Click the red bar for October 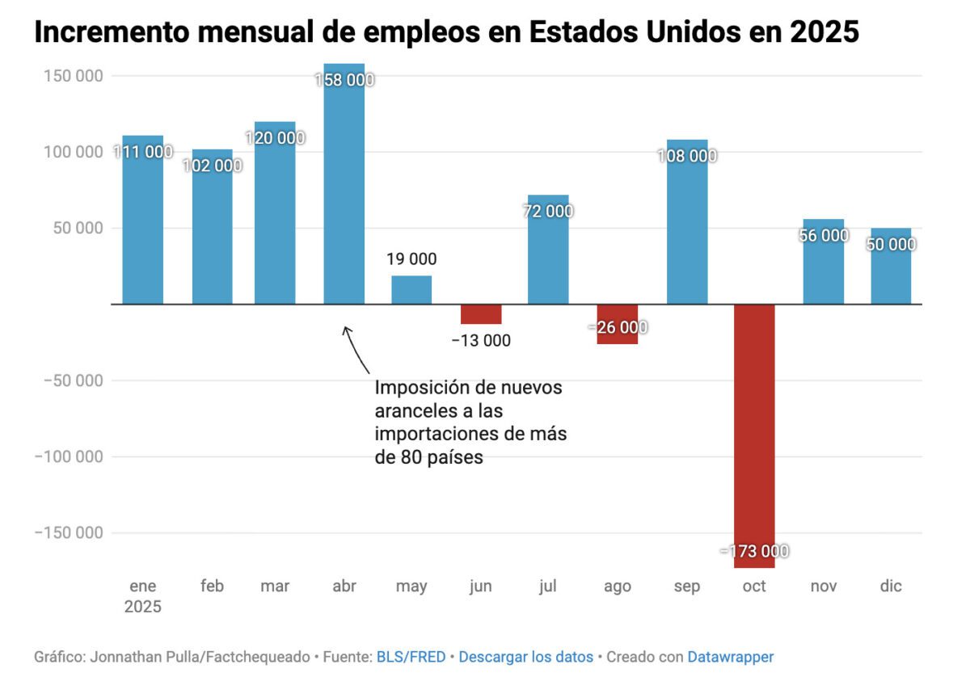pos(754,436)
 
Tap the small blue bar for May pos(411,290)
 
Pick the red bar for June pos(481,314)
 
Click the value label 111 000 pos(143,152)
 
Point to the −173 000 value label pos(754,551)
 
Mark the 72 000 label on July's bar pos(548,211)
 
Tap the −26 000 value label pos(618,327)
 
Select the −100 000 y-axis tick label pos(68,456)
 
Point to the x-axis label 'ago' pos(618,587)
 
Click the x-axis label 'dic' pos(892,587)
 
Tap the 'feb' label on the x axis pos(212,587)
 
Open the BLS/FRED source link pos(411,657)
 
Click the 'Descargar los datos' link pos(525,657)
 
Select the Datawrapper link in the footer pos(730,657)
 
